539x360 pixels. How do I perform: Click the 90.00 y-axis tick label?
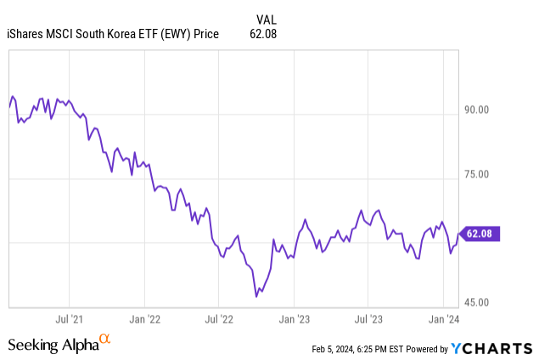click(x=478, y=110)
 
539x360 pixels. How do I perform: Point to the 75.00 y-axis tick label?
click(x=478, y=175)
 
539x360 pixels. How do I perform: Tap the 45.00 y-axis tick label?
click(x=478, y=303)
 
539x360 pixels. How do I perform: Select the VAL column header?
click(x=266, y=18)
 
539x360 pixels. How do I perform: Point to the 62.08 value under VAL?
click(x=264, y=34)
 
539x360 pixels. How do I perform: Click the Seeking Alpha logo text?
click(x=53, y=344)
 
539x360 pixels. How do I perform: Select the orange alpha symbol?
click(x=105, y=340)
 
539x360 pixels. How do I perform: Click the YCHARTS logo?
click(x=491, y=348)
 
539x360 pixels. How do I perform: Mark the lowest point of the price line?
click(x=256, y=296)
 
